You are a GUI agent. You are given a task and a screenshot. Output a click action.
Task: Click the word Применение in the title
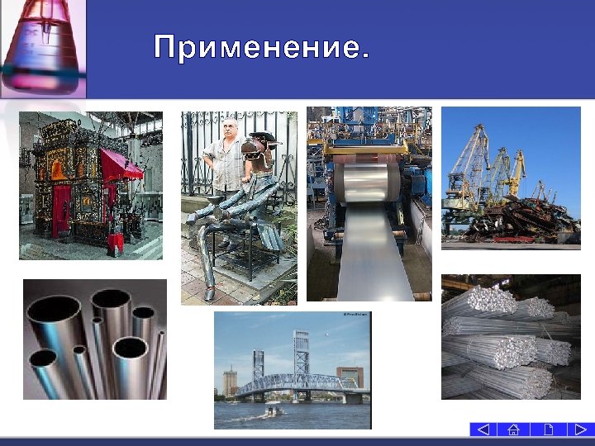click(x=258, y=48)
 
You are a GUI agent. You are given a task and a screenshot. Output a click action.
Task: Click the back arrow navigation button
click(x=483, y=429)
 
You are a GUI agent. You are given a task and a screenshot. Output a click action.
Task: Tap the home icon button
click(x=513, y=429)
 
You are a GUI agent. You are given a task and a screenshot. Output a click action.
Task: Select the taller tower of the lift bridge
click(x=300, y=356)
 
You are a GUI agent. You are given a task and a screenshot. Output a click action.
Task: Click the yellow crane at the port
click(x=516, y=169)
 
